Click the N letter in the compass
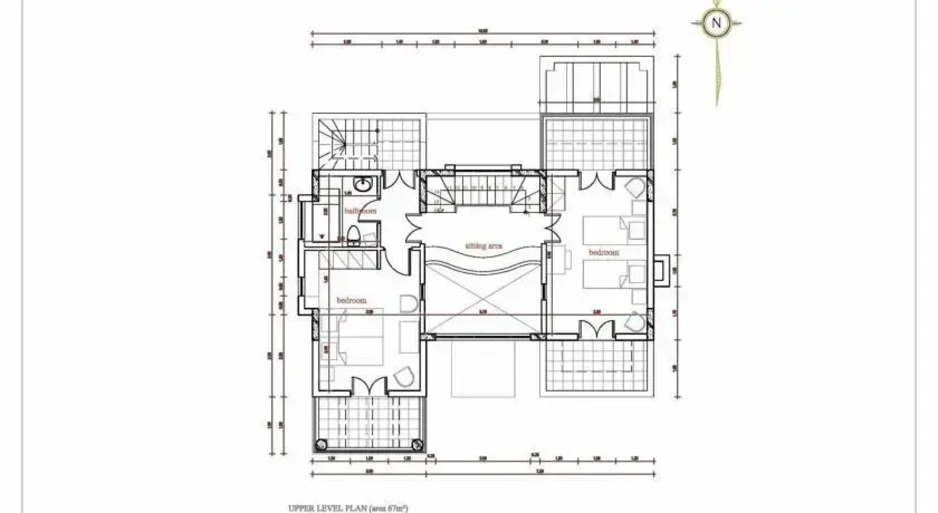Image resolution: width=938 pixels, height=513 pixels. click(x=716, y=22)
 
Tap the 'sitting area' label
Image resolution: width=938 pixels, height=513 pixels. click(x=483, y=246)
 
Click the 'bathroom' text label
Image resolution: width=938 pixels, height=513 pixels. click(x=360, y=210)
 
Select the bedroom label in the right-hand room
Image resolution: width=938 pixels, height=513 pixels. click(x=604, y=252)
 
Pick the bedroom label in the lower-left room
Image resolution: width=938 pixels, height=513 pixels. click(x=352, y=300)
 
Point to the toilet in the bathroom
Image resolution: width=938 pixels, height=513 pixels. click(x=353, y=236)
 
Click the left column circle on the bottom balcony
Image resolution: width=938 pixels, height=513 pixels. click(x=322, y=445)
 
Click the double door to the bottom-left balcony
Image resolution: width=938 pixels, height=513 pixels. click(x=370, y=385)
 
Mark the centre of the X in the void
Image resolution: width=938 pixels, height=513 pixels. click(x=483, y=300)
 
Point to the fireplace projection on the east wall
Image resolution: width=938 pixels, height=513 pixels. click(x=661, y=270)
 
